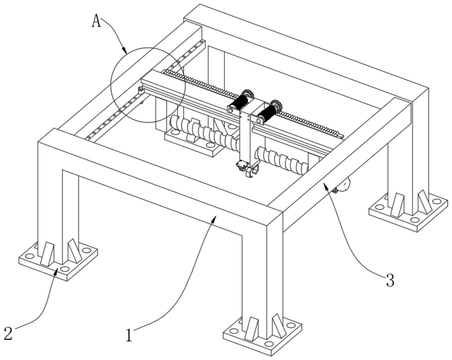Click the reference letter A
[x=96, y=21]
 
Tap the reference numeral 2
[x=8, y=333]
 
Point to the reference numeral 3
[x=390, y=280]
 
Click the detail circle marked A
[x=148, y=85]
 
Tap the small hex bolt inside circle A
[x=140, y=90]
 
